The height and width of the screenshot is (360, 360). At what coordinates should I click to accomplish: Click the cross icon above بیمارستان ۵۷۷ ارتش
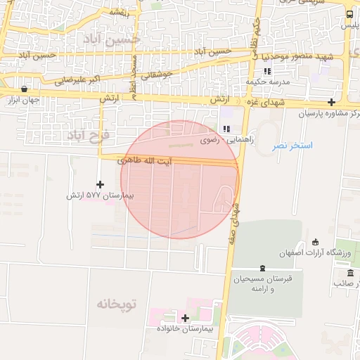(101, 184)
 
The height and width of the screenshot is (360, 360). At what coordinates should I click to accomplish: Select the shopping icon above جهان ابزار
(25, 89)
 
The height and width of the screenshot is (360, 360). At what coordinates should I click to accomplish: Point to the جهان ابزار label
(22, 101)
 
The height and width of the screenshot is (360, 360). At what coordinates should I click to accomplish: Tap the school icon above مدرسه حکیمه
(267, 71)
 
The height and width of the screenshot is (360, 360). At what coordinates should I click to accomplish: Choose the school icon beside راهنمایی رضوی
(226, 129)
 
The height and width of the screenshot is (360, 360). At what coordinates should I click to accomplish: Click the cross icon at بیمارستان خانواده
(185, 318)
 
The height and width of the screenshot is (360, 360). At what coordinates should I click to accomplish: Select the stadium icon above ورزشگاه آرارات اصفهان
(315, 241)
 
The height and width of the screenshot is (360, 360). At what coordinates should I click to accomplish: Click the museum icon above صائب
(350, 272)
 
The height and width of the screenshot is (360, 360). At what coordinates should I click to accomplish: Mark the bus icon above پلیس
(350, 14)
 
